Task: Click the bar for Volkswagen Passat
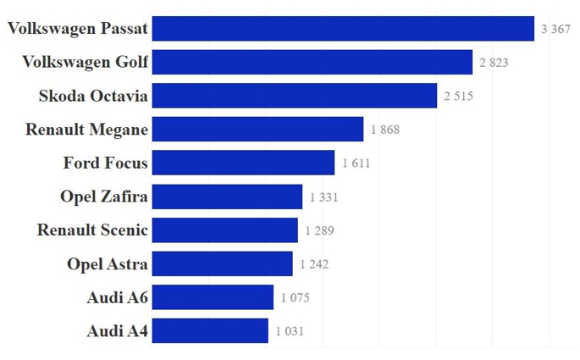(x=343, y=29)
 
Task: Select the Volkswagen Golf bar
(x=312, y=62)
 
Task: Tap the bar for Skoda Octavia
(x=295, y=96)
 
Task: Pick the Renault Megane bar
(x=258, y=129)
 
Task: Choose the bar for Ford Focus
(x=244, y=163)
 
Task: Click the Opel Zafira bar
(x=228, y=197)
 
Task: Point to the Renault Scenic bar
(x=225, y=230)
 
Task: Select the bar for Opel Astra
(x=223, y=263)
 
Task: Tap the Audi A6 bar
(x=213, y=297)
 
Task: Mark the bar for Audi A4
(x=211, y=331)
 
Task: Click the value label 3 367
(x=555, y=30)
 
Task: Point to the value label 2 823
(x=494, y=63)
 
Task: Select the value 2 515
(x=458, y=97)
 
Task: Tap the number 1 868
(x=384, y=130)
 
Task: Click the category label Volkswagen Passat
(x=78, y=29)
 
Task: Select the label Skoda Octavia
(x=93, y=96)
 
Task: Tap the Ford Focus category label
(x=106, y=163)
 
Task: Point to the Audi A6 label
(x=117, y=297)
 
